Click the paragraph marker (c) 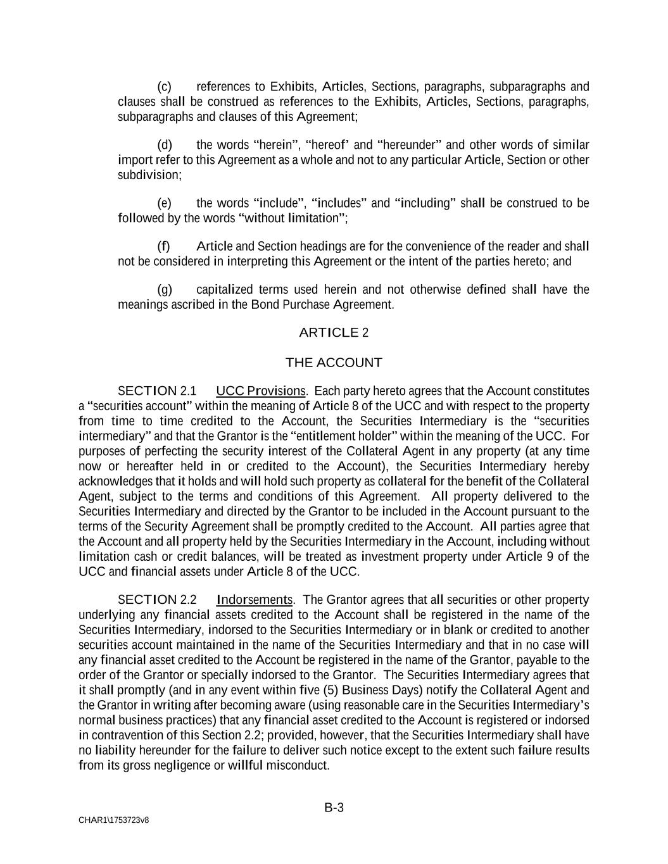[x=164, y=87]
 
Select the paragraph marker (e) [x=164, y=203]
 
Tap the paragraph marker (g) [x=164, y=290]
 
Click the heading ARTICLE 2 [x=334, y=332]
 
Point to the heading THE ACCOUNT [x=334, y=363]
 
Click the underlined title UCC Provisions [x=261, y=391]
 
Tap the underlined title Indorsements [x=254, y=599]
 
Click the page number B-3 [x=334, y=808]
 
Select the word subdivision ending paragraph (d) [x=149, y=175]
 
